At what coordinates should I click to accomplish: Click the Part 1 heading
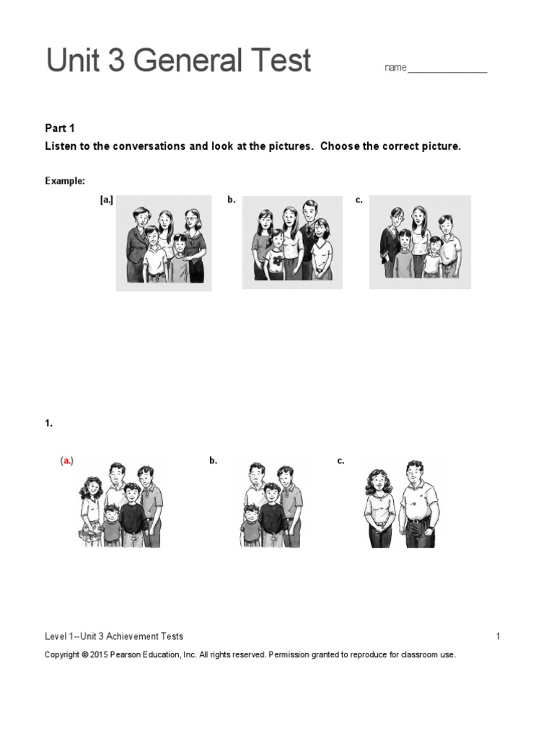coord(60,128)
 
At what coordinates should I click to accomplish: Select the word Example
coord(65,181)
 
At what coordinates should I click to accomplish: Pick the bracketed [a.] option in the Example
coord(107,200)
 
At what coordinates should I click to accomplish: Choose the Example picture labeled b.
coord(293,242)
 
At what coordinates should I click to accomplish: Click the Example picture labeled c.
coord(420,242)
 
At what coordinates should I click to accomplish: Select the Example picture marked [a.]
coord(164,244)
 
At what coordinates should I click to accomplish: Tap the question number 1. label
coord(49,424)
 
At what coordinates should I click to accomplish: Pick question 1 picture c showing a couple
coord(401,504)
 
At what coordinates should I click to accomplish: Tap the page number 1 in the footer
coord(498,636)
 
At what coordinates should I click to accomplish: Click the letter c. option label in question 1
coord(340,461)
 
